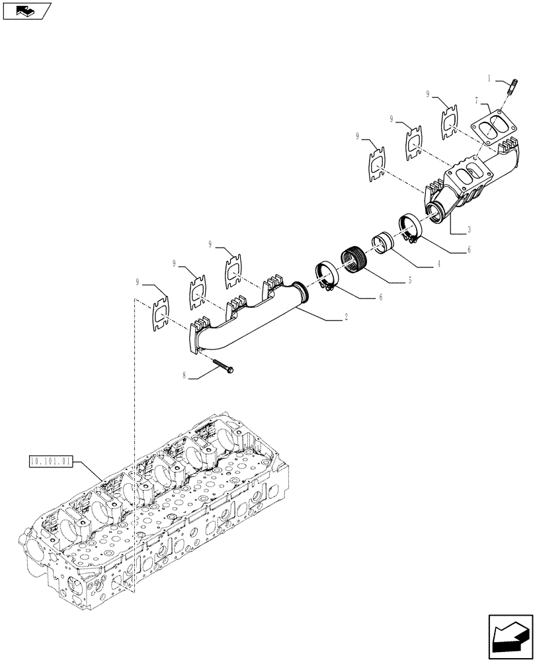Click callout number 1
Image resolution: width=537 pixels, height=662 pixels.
click(x=491, y=79)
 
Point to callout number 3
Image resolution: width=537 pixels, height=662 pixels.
click(x=469, y=229)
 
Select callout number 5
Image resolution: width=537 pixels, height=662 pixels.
click(x=410, y=281)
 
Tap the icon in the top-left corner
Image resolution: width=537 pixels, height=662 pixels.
click(x=27, y=11)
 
